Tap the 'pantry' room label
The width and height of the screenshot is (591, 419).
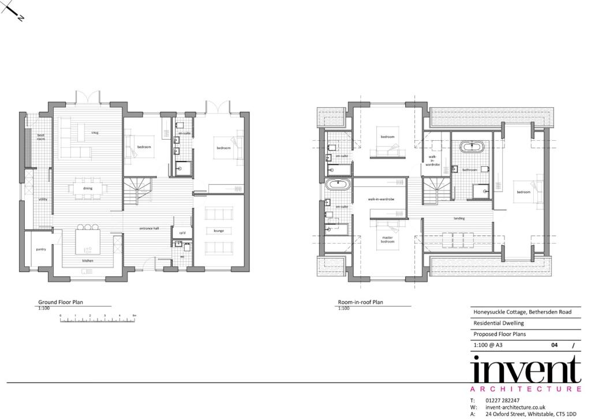(x=40, y=249)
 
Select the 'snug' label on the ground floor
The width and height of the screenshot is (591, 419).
(x=95, y=133)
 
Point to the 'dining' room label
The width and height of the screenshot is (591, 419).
(x=88, y=188)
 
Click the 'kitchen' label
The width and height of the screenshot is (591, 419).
(x=88, y=261)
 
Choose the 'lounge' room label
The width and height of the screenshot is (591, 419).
(x=219, y=231)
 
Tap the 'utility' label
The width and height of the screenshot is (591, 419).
(x=43, y=199)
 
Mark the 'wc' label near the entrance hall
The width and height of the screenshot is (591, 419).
(x=182, y=256)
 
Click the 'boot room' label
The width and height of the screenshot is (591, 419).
(x=41, y=137)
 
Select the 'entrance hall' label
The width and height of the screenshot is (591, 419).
(x=149, y=229)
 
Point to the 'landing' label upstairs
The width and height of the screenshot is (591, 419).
(x=459, y=219)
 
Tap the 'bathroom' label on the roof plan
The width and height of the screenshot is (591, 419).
(x=469, y=170)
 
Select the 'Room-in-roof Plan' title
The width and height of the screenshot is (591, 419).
(x=361, y=302)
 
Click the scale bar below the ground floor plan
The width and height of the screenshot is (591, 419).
(x=98, y=320)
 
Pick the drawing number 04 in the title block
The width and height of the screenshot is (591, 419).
(x=554, y=345)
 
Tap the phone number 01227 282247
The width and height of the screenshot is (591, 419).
(x=503, y=401)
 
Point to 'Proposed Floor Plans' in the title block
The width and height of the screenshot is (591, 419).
(x=500, y=334)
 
